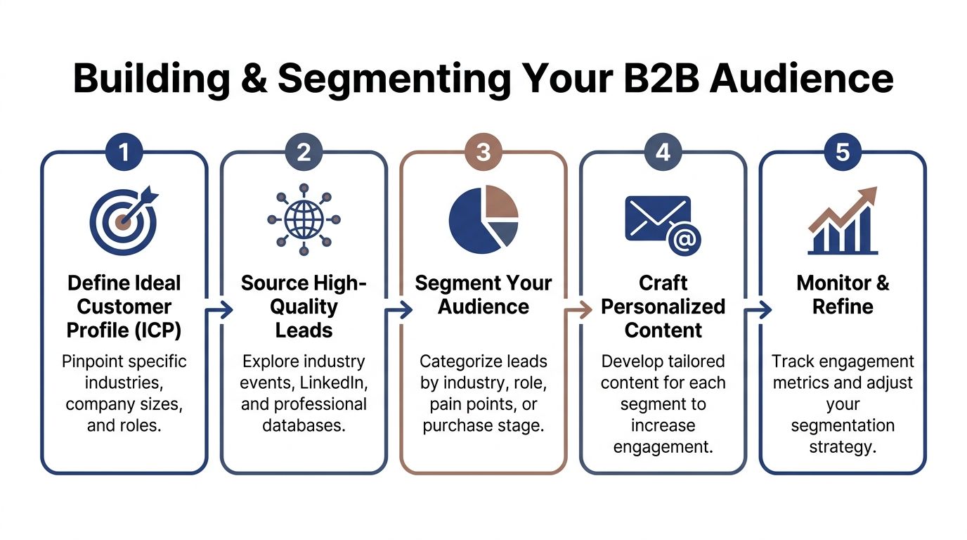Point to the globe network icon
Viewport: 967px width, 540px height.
(304, 221)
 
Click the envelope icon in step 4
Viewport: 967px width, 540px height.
(658, 217)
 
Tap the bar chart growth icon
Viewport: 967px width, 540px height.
(843, 221)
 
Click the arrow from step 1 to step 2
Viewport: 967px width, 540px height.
(221, 310)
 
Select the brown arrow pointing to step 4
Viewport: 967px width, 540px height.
(581, 310)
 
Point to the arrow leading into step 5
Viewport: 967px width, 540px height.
(761, 310)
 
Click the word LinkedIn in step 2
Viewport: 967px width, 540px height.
(335, 383)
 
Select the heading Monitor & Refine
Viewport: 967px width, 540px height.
(843, 295)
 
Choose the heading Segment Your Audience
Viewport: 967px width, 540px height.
(483, 295)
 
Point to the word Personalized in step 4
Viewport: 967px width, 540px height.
(663, 307)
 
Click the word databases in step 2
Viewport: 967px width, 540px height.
(304, 425)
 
